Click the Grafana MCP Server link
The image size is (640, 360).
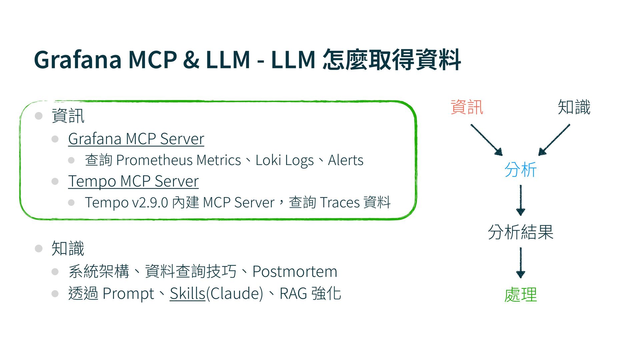(136, 139)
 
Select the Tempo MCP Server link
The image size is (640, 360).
(133, 181)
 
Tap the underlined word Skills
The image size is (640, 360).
(187, 294)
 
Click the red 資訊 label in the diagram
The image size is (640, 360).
(467, 107)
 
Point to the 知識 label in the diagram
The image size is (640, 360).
(574, 107)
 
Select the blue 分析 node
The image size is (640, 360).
(520, 170)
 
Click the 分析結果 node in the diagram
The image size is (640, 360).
(520, 232)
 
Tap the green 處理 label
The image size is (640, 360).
(520, 295)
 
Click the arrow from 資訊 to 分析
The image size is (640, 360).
(486, 140)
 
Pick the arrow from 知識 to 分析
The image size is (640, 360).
(554, 140)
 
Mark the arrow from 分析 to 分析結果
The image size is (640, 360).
(520, 200)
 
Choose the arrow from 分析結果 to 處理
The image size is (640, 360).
(520, 263)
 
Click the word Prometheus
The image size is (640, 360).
(154, 160)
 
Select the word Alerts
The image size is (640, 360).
(346, 160)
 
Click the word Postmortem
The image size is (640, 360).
(295, 272)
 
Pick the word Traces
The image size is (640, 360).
(339, 203)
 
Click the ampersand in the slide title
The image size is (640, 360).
(191, 60)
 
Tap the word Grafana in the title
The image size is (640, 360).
(78, 60)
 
